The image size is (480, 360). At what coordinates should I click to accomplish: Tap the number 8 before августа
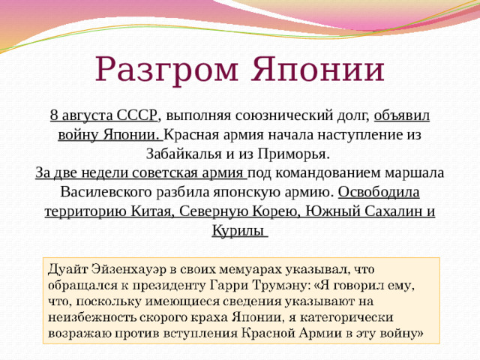coord(54,115)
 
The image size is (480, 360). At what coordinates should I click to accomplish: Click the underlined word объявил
coord(401,115)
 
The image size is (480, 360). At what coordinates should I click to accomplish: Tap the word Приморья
coord(300,154)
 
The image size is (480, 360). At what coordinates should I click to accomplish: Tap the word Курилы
coord(238,229)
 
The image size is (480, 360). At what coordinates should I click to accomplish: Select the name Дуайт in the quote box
coord(70,268)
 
